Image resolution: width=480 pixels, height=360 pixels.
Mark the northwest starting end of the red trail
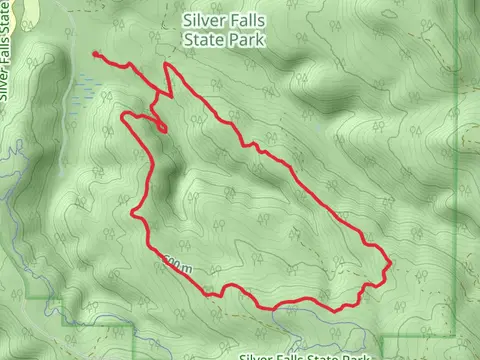click(94, 54)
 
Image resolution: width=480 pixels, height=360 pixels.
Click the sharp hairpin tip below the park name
click(167, 65)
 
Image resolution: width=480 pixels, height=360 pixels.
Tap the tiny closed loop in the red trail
click(160, 127)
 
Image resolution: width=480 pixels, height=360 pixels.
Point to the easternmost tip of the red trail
click(388, 265)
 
